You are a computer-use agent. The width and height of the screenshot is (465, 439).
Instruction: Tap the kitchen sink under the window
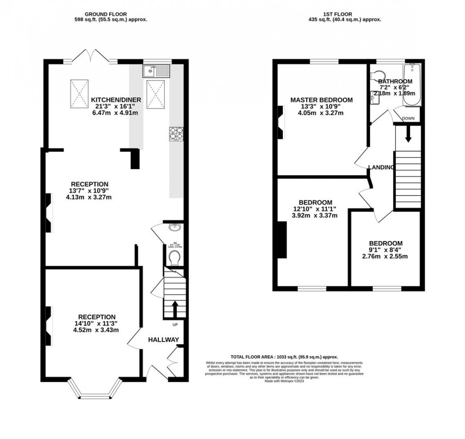(156, 72)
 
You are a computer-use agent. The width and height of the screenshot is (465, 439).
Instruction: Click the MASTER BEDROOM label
(321, 100)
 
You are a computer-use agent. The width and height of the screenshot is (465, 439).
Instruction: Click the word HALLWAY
(163, 340)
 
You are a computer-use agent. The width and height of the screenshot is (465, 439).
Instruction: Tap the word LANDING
(381, 167)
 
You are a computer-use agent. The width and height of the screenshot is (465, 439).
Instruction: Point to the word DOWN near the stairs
(409, 118)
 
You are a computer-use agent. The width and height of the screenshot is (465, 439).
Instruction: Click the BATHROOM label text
(395, 81)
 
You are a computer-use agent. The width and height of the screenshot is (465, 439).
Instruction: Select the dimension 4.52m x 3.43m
(97, 330)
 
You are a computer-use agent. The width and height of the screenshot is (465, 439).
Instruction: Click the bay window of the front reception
(93, 390)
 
